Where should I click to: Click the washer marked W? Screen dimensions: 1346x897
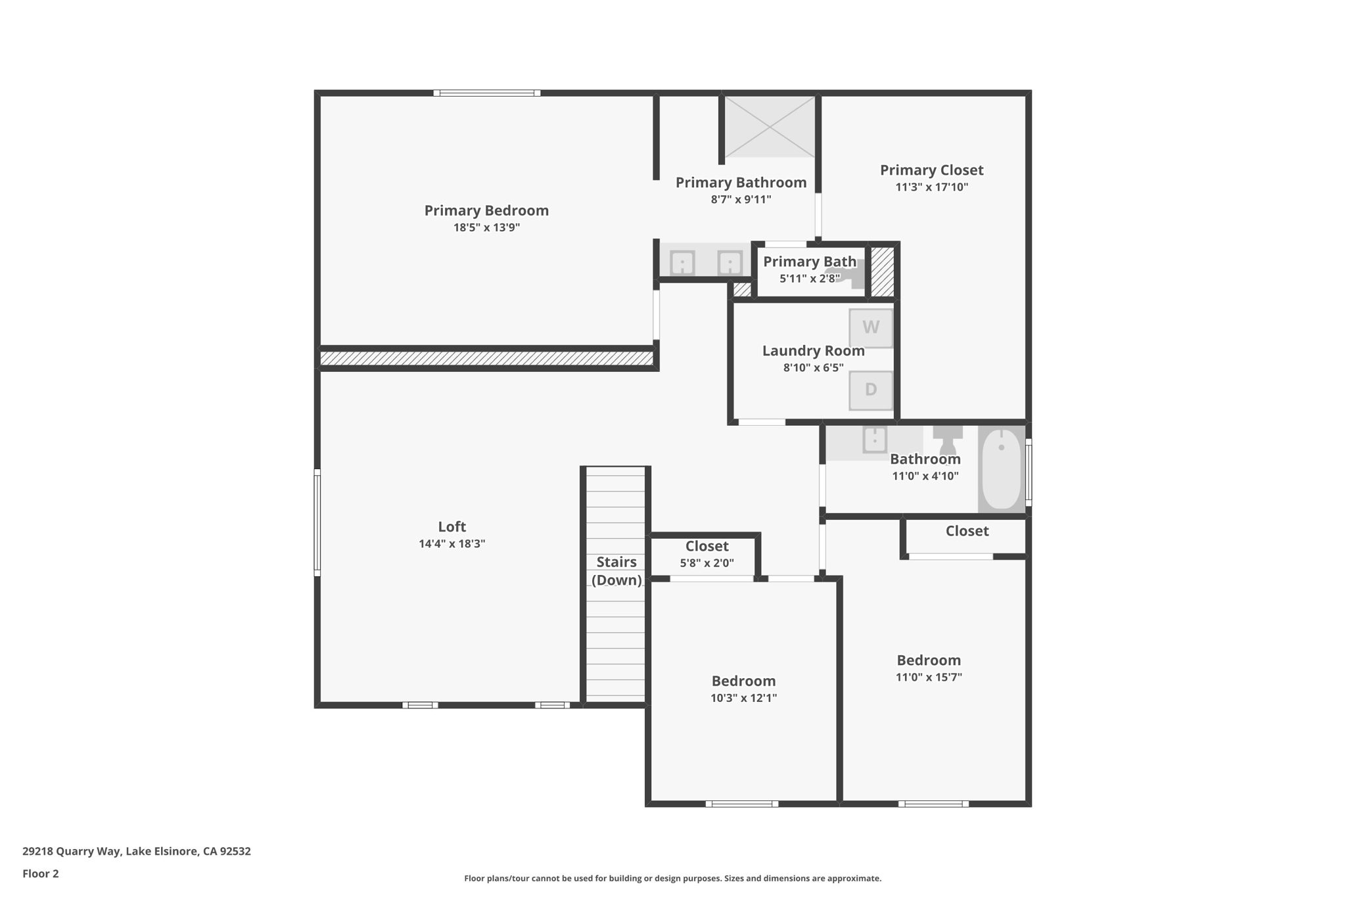pyautogui.click(x=871, y=328)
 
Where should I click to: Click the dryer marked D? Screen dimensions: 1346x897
pyautogui.click(x=871, y=390)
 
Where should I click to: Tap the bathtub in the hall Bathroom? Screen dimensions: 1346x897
pyautogui.click(x=1001, y=469)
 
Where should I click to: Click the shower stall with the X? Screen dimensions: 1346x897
pyautogui.click(x=770, y=127)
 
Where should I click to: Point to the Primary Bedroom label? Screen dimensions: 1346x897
pyautogui.click(x=486, y=210)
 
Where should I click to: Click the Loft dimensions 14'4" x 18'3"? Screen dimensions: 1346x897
pyautogui.click(x=452, y=543)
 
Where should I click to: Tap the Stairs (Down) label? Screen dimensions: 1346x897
pyautogui.click(x=616, y=570)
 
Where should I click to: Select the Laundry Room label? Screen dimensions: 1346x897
pyautogui.click(x=814, y=351)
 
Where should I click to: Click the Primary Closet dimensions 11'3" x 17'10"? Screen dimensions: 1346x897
pyautogui.click(x=932, y=187)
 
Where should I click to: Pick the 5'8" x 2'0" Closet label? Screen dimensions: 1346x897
pyautogui.click(x=707, y=546)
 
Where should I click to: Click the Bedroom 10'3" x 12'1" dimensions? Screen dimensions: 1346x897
pyautogui.click(x=743, y=698)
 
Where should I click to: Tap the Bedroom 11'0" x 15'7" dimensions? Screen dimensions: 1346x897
pyautogui.click(x=929, y=677)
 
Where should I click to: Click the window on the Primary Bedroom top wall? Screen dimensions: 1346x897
pyautogui.click(x=487, y=93)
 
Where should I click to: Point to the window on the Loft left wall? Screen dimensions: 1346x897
pyautogui.click(x=317, y=522)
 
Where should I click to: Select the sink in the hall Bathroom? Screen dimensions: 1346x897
pyautogui.click(x=875, y=439)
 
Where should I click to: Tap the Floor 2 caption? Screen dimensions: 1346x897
pyautogui.click(x=41, y=873)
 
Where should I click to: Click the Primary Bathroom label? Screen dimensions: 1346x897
pyautogui.click(x=741, y=183)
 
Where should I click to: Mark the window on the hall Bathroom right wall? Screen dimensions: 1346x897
pyautogui.click(x=1029, y=472)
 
